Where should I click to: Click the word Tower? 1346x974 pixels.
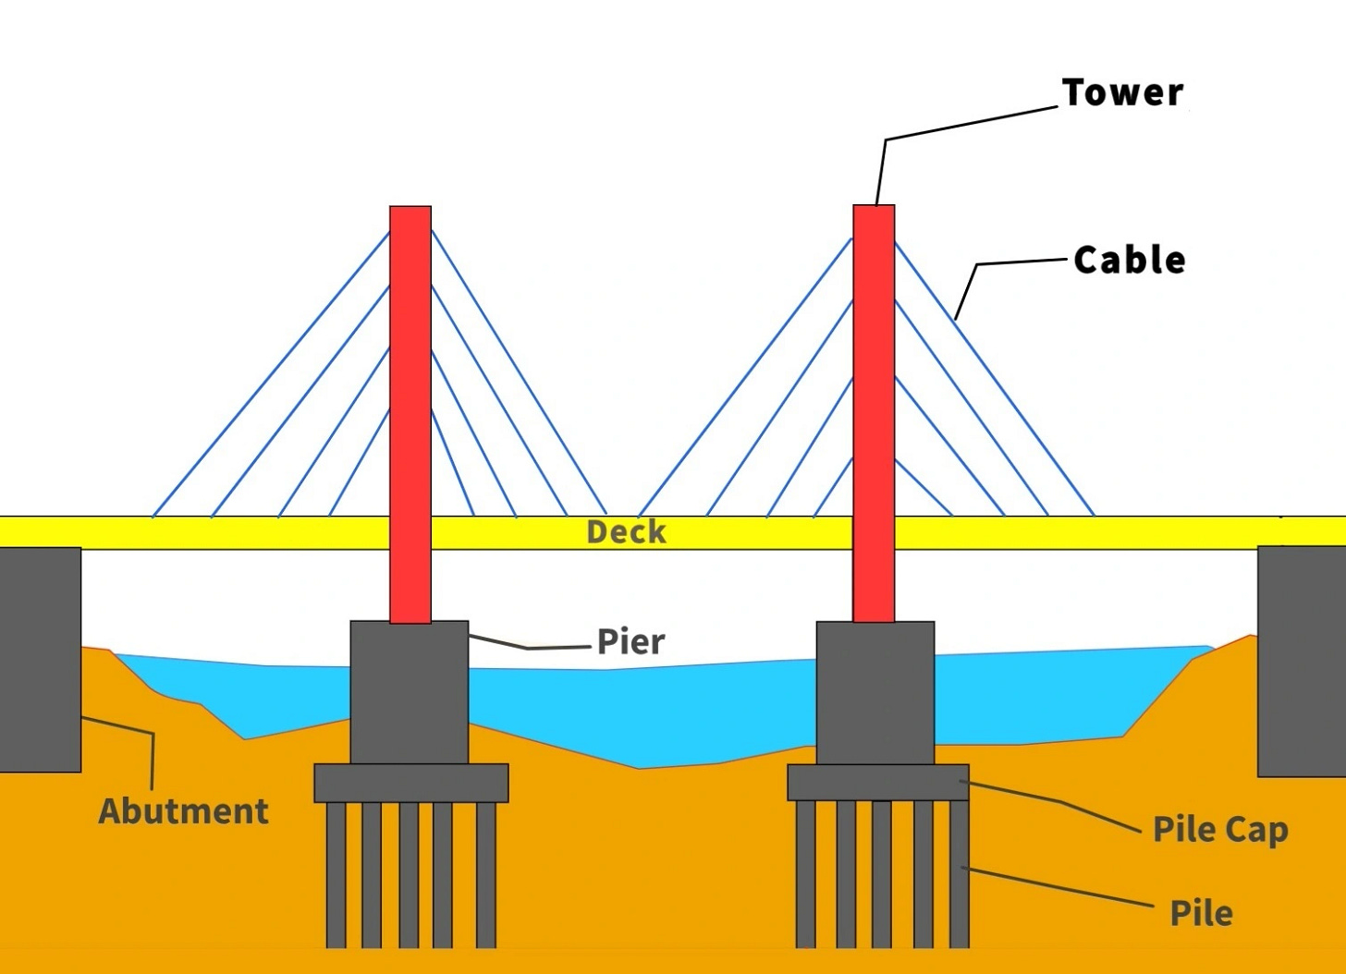1122,92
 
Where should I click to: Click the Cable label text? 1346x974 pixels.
1129,260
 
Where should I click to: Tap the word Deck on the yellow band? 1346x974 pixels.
626,532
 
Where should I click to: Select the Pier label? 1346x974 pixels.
630,641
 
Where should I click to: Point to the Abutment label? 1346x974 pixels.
183,811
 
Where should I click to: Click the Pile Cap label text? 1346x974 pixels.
1219,829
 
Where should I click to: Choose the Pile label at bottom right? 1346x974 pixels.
1201,913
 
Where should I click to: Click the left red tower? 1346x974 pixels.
410,388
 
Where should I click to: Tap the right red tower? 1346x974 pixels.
874,388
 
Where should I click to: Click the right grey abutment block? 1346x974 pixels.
1301,660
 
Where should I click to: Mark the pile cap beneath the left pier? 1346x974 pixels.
410,783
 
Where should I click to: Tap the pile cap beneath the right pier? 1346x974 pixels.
877,782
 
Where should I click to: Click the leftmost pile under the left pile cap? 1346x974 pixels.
336,873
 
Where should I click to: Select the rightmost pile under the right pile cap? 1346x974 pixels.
959,873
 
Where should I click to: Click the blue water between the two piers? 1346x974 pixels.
638,712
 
